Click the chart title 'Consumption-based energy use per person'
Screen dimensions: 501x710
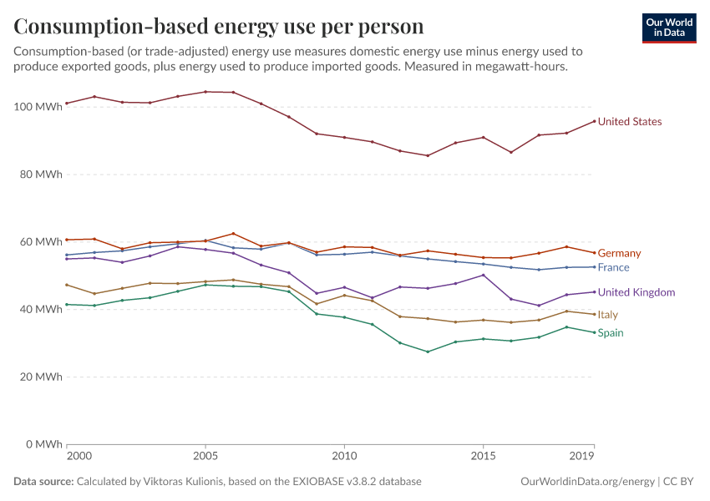coord(219,27)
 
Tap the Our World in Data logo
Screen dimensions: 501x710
coord(668,28)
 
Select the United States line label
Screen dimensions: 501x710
coord(629,122)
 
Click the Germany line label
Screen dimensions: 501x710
coord(619,253)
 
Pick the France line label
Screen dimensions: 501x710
coord(613,267)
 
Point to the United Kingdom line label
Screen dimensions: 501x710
coord(636,292)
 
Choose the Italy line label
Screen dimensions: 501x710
coord(607,315)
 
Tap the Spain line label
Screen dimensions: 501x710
coord(610,333)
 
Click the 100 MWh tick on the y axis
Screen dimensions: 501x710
coord(38,107)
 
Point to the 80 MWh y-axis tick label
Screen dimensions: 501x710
coord(40,175)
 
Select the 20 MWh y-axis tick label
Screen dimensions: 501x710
coord(40,377)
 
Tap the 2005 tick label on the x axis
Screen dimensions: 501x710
coord(205,457)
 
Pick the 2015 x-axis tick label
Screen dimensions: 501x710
coord(483,457)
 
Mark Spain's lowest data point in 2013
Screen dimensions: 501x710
coord(428,352)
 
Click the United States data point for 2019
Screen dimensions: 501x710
coord(594,121)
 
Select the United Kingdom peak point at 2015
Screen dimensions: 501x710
coord(483,275)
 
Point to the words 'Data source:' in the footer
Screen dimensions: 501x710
coord(43,482)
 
